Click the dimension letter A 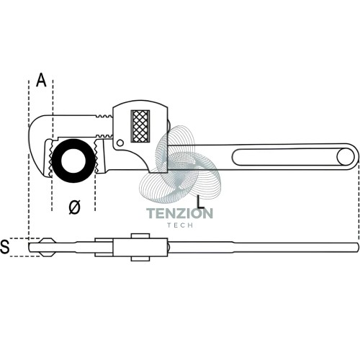point(41,80)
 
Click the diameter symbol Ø point(74,207)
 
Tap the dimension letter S point(5,246)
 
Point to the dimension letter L point(200,202)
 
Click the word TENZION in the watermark point(179,213)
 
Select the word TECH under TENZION point(180,225)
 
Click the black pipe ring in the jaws point(73,161)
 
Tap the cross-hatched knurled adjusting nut point(140,126)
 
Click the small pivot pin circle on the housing point(120,143)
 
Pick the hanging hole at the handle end point(346,157)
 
